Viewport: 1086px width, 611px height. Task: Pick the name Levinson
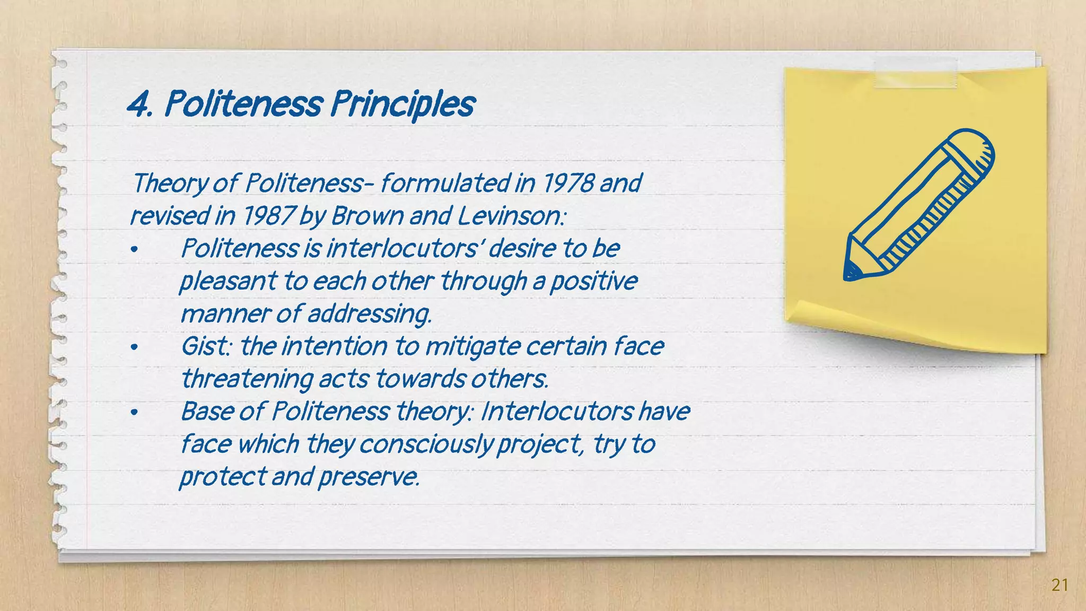tap(511, 216)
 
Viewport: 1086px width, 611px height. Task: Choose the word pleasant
tap(228, 282)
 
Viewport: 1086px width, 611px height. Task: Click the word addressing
tap(370, 314)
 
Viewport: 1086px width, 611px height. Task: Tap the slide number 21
tap(1059, 585)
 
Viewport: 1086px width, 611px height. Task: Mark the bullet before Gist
tap(134, 348)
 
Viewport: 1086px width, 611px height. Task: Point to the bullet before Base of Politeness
tap(134, 413)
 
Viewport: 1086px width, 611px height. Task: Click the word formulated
tap(445, 184)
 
